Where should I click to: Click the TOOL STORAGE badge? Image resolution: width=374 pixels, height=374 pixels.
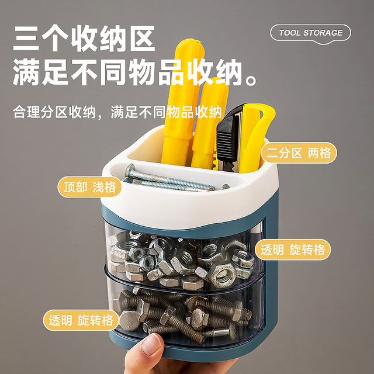310,33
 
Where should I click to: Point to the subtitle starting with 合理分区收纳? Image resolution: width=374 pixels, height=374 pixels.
117,112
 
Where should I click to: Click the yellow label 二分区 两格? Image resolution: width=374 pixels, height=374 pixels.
299,153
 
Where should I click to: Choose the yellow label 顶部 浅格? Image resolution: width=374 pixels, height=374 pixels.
89,187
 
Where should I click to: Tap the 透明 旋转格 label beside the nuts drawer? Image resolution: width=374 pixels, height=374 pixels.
294,250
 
